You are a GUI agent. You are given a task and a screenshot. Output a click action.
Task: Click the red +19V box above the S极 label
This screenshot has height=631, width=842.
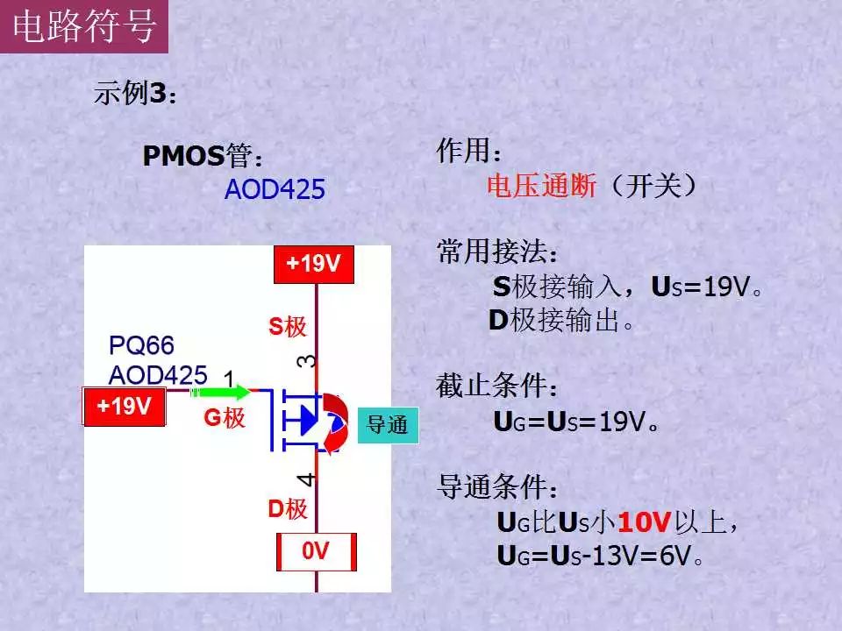[x=314, y=264]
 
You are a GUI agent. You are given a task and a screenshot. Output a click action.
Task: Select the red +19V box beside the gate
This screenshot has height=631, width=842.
[x=124, y=406]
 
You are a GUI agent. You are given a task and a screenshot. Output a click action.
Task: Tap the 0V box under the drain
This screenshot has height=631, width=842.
[x=317, y=551]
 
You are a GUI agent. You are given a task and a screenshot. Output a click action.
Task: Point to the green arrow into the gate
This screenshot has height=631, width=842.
[x=221, y=392]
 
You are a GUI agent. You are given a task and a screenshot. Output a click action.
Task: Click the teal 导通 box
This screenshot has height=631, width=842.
[x=387, y=425]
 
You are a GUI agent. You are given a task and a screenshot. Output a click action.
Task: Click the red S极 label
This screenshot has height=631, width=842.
[x=288, y=326]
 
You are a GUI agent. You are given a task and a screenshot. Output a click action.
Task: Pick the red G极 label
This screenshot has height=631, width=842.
[x=225, y=417]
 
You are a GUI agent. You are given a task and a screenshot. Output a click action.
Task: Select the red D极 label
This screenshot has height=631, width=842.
[x=288, y=508]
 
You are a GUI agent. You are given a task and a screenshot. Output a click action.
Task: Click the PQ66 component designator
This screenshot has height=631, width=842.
[x=141, y=345]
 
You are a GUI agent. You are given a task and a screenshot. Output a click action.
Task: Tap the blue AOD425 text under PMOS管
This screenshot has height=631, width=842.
[x=275, y=189]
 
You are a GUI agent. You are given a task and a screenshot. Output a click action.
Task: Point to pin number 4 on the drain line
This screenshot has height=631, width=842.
[x=306, y=479]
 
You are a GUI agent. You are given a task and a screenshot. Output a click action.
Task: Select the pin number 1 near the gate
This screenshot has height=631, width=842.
[x=229, y=379]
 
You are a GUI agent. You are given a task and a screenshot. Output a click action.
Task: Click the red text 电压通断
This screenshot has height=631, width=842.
[x=541, y=186]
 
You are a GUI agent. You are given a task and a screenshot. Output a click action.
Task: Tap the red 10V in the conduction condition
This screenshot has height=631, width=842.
[x=645, y=521]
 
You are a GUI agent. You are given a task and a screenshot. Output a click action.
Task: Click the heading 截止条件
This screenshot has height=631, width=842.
[x=496, y=386]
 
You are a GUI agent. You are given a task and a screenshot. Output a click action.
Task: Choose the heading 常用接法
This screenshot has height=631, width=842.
[x=496, y=252]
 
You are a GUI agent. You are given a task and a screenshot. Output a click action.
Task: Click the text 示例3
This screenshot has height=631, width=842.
[x=134, y=93]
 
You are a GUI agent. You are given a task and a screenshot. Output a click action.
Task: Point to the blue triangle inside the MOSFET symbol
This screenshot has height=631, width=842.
[x=308, y=420]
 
